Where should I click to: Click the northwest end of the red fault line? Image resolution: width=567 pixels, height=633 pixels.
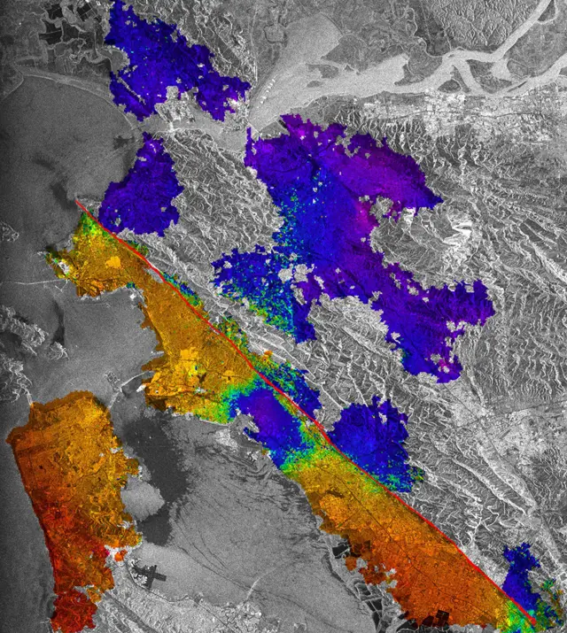[77, 203]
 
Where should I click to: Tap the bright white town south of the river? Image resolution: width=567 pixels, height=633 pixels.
[425, 115]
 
